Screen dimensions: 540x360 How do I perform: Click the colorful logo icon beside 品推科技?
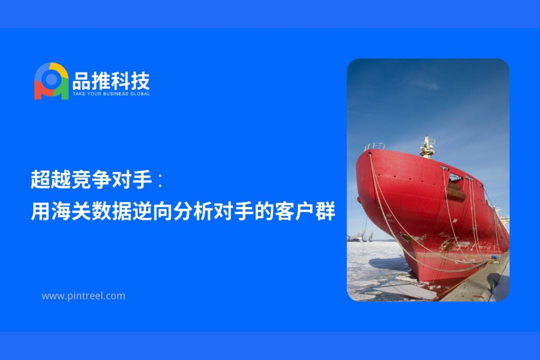[51, 81]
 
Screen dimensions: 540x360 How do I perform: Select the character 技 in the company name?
[140, 81]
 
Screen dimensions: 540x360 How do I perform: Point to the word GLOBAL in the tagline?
[140, 94]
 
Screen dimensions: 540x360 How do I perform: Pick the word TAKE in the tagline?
[79, 94]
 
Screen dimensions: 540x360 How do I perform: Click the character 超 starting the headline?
[40, 179]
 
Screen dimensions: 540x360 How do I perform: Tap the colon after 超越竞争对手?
[160, 180]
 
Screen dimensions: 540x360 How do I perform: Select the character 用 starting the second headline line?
[40, 211]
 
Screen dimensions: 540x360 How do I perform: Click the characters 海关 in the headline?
[71, 211]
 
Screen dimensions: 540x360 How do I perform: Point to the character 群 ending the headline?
[325, 211]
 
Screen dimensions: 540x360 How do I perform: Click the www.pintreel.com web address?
[83, 296]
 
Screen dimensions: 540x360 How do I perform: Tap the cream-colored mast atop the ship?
[427, 147]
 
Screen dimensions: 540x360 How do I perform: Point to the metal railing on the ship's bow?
[374, 147]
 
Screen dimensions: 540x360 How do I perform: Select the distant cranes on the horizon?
[361, 237]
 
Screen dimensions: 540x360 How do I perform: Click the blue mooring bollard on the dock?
[495, 257]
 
